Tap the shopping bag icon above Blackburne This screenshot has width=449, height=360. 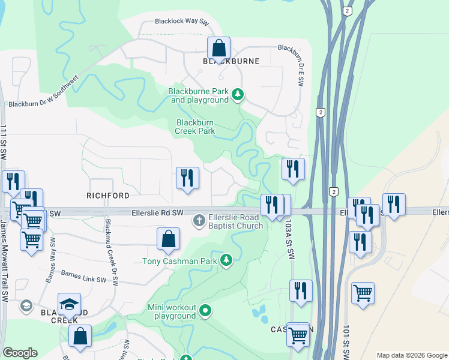coord(220,47)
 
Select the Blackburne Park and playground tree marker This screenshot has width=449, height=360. coord(238,94)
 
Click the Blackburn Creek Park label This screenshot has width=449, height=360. coord(195,127)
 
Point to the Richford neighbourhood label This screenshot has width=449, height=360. coord(108,196)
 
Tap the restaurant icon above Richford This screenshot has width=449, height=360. coord(187,178)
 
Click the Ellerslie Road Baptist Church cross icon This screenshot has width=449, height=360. coord(199,221)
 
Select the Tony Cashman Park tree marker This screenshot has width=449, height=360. coord(226,260)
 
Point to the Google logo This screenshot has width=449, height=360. coord(20,353)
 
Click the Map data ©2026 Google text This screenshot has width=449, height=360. coord(412,355)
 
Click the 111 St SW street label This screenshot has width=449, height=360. coord(5,142)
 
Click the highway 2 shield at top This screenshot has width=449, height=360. coord(347,11)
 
